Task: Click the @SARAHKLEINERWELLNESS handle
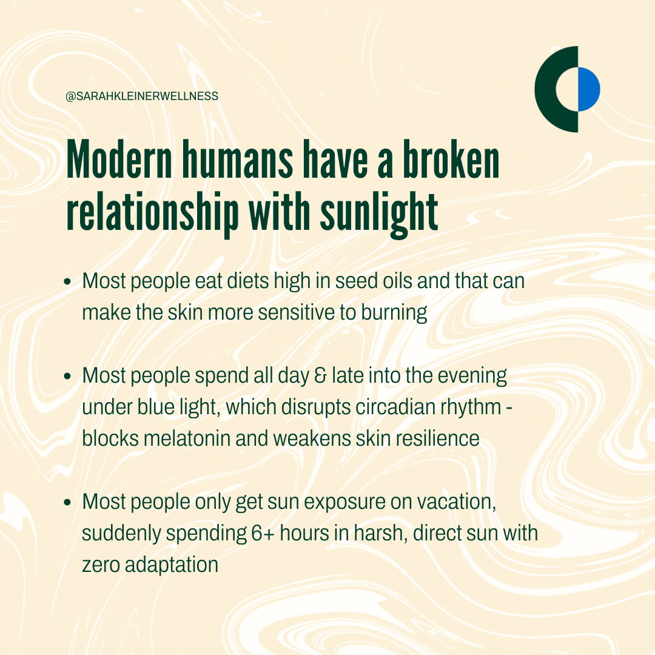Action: pos(142,96)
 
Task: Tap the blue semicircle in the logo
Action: pos(589,89)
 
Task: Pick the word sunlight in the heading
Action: pos(379,212)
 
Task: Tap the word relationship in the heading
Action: pos(153,212)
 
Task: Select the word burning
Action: pos(394,313)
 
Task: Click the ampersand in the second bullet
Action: pos(320,376)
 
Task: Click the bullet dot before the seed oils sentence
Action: pos(68,281)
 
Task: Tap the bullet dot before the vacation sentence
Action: pos(68,502)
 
